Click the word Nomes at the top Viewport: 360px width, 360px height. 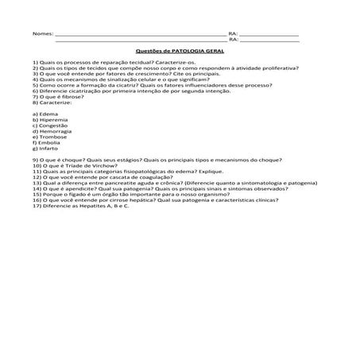[43, 34]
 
